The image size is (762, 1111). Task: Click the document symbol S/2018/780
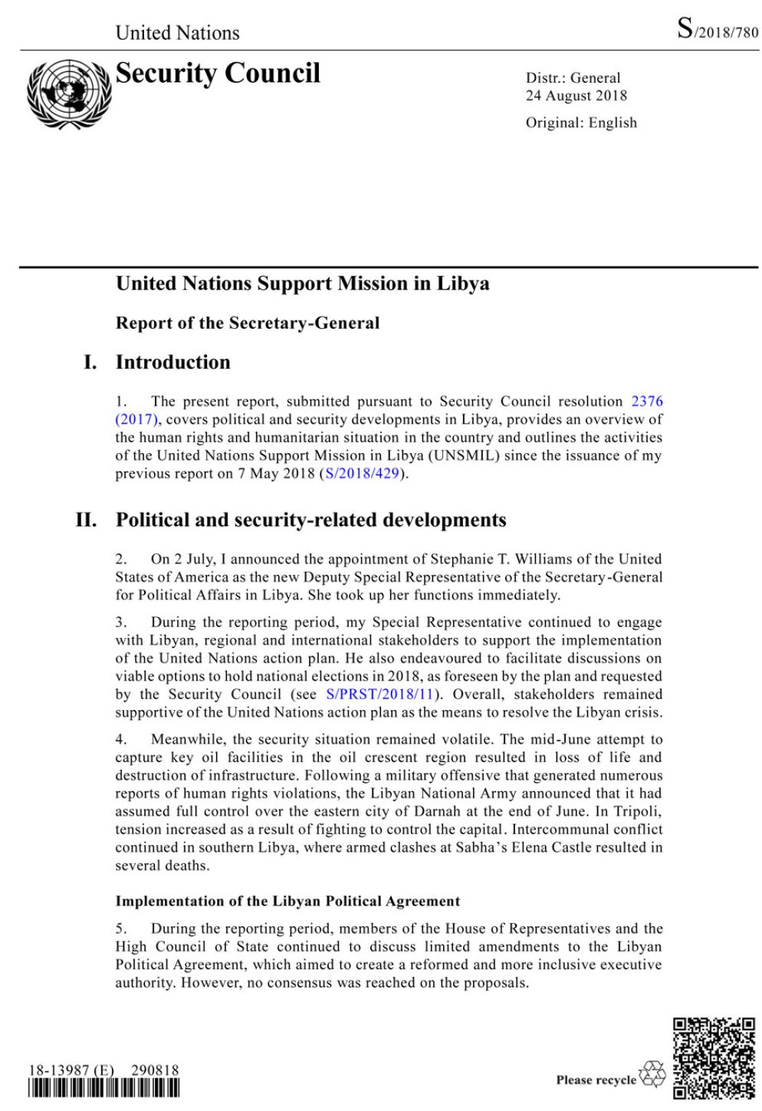[718, 30]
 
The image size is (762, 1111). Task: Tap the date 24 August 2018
[576, 96]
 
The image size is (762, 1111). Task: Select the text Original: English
[580, 123]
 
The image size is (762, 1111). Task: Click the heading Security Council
[218, 74]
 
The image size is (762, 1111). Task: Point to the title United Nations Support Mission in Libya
[302, 284]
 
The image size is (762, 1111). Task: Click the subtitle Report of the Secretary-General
[247, 323]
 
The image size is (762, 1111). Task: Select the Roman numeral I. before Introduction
[90, 363]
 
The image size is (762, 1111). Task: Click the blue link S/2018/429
[363, 473]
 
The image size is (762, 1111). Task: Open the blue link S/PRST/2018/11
[380, 694]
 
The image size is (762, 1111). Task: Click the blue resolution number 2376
[647, 401]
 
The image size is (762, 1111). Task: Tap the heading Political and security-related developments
[310, 521]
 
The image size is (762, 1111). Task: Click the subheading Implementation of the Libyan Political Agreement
[287, 901]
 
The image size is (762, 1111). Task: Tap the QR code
[714, 1058]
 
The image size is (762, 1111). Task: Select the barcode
[104, 1088]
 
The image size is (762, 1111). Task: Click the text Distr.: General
[573, 78]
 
